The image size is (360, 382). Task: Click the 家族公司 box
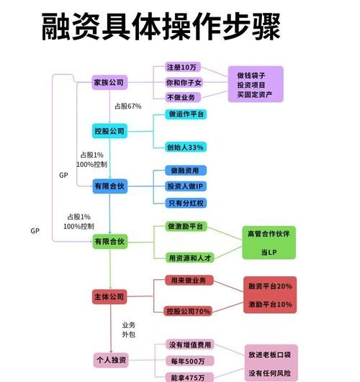tap(109, 83)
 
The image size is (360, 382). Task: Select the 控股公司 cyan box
tap(109, 131)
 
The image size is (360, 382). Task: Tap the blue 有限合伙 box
tap(109, 186)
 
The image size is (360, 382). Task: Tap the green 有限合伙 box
tap(109, 242)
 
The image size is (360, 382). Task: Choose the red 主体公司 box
tap(109, 296)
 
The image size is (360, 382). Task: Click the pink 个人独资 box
tap(111, 359)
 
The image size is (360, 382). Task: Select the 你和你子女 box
tap(184, 83)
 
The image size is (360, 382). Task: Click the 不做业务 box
tap(180, 98)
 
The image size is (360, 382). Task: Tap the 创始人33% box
tap(186, 147)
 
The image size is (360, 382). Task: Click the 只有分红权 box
tap(185, 203)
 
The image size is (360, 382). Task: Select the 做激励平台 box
tap(185, 227)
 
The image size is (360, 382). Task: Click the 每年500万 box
tap(186, 361)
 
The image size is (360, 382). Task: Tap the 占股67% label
tap(127, 106)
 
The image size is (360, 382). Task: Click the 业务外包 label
tap(128, 329)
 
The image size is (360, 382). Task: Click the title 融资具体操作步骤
tap(159, 30)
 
